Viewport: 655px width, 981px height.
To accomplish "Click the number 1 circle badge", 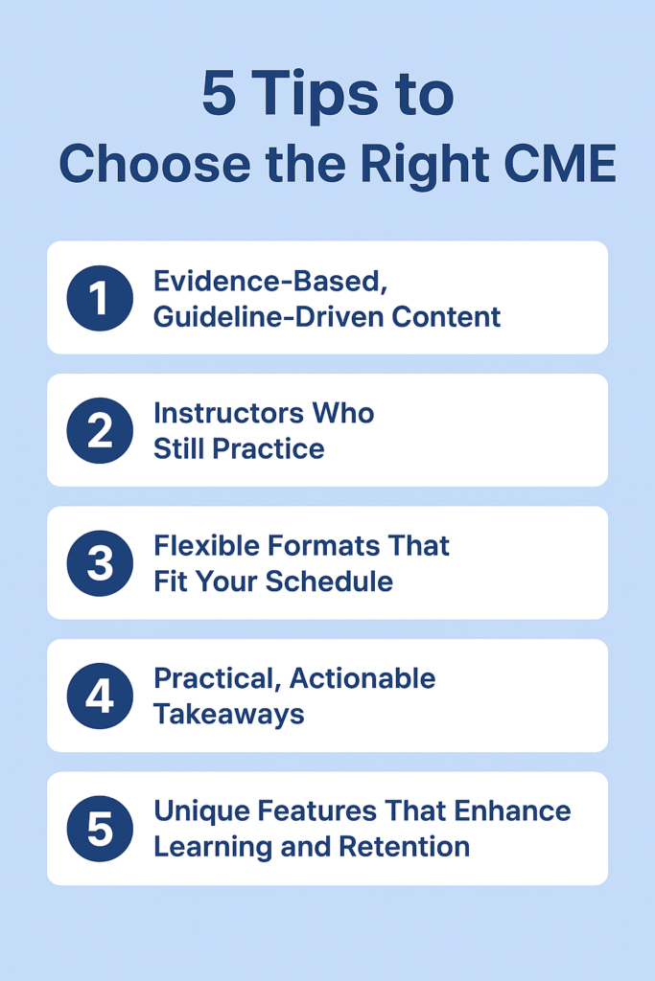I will (x=99, y=298).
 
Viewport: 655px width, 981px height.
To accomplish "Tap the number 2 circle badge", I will (x=99, y=431).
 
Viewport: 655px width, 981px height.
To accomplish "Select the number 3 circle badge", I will (x=99, y=563).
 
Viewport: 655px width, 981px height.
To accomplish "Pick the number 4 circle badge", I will (x=99, y=696).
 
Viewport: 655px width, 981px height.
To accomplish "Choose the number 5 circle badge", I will (x=99, y=829).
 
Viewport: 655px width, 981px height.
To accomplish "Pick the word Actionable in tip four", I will (x=363, y=679).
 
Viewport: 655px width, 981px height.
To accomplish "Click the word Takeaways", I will (x=228, y=714).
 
